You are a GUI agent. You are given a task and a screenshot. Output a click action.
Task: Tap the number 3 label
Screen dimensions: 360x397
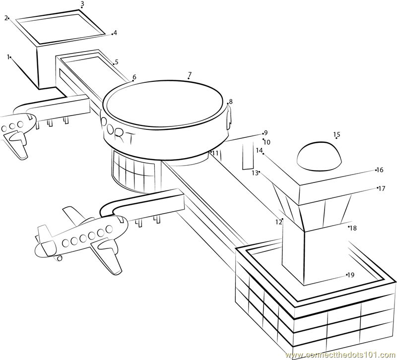click(82, 4)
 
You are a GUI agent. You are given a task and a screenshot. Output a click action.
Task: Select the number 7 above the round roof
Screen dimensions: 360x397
click(190, 75)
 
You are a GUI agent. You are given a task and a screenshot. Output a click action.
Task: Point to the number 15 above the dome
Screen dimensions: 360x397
click(336, 134)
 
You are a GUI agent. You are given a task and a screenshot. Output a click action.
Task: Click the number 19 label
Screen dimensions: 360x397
click(350, 275)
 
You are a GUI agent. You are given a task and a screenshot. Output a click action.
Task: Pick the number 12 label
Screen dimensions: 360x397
click(278, 222)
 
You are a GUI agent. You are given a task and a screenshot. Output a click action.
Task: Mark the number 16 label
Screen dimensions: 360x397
click(380, 170)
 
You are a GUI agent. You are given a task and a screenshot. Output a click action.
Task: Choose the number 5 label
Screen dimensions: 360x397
click(116, 62)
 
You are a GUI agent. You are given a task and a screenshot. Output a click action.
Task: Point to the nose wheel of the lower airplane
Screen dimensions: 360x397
click(60, 258)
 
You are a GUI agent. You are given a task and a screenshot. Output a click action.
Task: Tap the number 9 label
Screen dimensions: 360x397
click(265, 133)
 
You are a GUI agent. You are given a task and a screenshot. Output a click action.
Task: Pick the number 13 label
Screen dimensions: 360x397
click(254, 173)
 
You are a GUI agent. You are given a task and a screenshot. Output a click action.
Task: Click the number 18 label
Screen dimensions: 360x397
click(353, 228)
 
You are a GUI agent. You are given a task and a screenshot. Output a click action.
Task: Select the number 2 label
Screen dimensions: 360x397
click(6, 18)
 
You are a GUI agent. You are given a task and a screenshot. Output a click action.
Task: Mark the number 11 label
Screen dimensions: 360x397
click(215, 153)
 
